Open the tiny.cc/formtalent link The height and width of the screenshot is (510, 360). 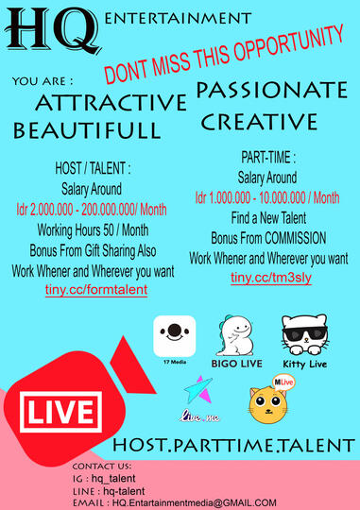tap(95, 289)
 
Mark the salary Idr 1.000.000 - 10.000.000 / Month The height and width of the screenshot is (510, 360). tap(269, 198)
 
